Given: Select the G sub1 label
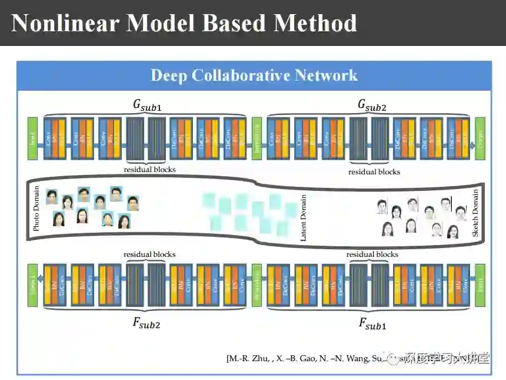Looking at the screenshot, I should tap(147, 105).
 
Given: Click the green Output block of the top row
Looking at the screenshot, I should tap(480, 138).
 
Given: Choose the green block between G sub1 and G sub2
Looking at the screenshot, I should tap(257, 138).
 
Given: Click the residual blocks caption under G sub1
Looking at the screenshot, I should tap(149, 170).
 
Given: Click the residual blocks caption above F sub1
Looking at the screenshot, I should tap(372, 255).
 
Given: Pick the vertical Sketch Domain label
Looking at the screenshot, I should tap(475, 212).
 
